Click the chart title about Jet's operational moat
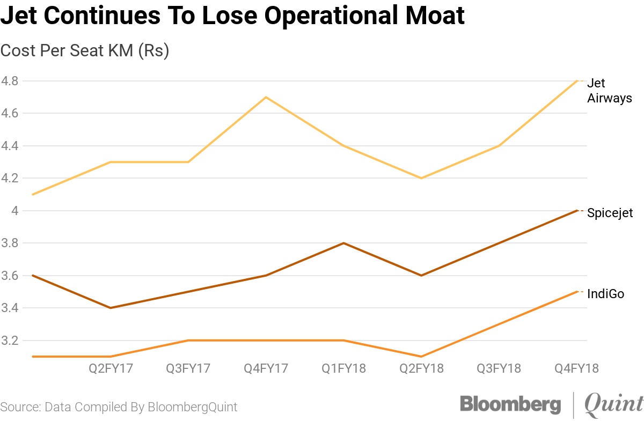(232, 17)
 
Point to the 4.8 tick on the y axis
(10, 82)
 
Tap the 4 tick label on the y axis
(15, 211)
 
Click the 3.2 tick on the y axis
(10, 341)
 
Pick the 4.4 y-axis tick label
(10, 146)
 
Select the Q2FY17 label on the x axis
(111, 368)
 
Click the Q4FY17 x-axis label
(266, 368)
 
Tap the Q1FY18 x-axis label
(344, 368)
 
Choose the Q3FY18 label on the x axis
(499, 368)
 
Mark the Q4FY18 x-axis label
(577, 368)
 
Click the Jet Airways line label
(609, 91)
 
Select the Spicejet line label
(610, 213)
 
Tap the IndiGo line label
(606, 294)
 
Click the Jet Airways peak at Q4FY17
(266, 97)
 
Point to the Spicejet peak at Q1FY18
(344, 243)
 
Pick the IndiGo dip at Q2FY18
(422, 357)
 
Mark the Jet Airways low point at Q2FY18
(422, 178)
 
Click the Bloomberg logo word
(510, 405)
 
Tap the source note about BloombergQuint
(119, 407)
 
